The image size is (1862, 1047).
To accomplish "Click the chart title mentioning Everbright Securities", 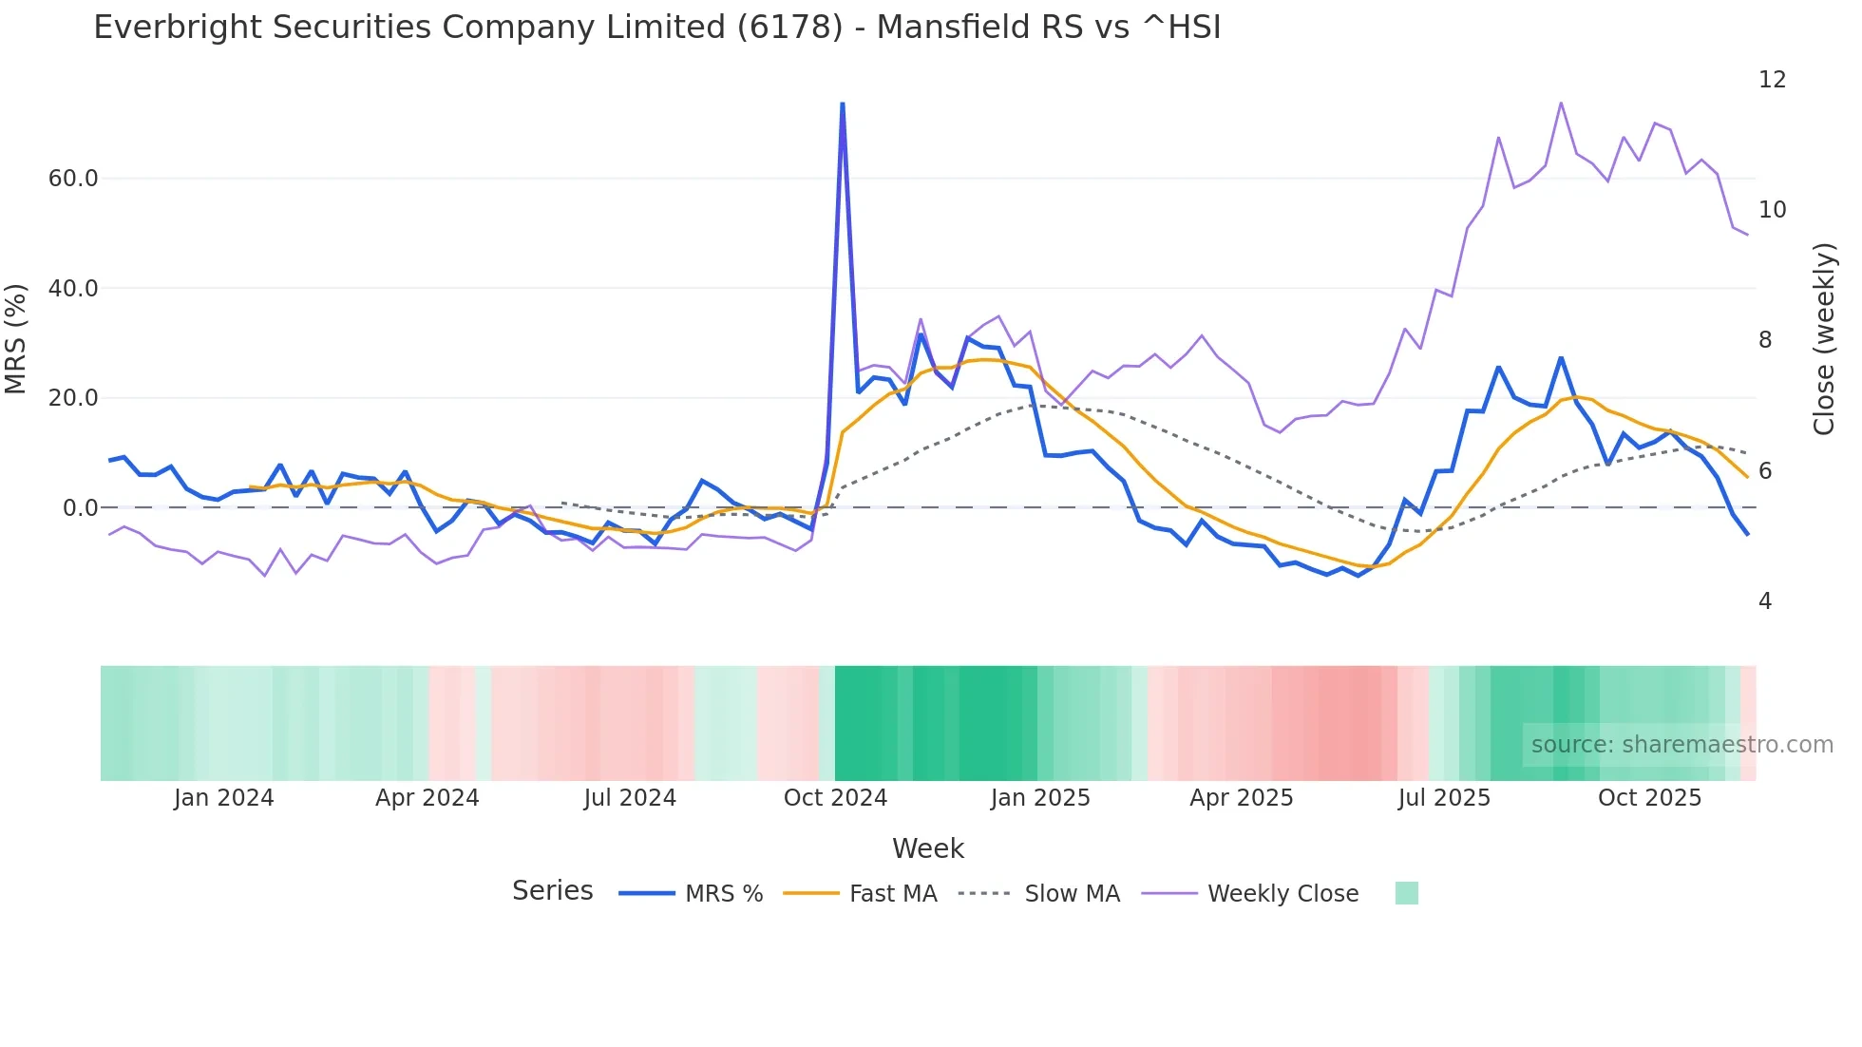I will (656, 28).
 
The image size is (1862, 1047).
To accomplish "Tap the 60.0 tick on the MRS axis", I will (73, 179).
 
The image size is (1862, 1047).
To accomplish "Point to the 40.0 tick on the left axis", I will (73, 288).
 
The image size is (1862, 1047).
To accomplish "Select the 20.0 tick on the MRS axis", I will (73, 398).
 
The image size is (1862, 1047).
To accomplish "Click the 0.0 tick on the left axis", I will (81, 508).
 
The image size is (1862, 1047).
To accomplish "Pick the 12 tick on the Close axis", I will (1772, 80).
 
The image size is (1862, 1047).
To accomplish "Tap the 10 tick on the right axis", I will (1772, 210).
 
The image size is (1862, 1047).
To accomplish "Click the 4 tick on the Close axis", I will (1765, 601).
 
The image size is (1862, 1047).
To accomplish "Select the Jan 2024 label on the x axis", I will (223, 798).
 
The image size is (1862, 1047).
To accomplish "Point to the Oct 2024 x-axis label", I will (835, 798).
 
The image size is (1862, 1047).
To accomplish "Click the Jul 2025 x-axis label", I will (1444, 798).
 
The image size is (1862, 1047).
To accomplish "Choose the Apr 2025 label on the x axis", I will (1241, 798).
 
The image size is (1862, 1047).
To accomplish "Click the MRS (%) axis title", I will (16, 339).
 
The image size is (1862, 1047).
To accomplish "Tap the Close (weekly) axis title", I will (1823, 339).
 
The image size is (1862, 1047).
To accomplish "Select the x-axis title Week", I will (928, 848).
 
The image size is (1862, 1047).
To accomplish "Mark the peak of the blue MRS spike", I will (843, 104).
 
